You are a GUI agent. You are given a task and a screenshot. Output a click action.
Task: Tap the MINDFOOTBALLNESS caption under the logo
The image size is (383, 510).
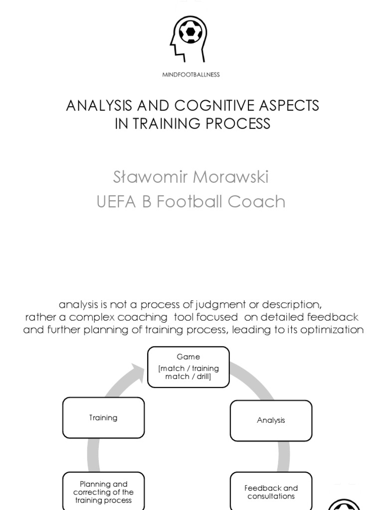tap(191, 75)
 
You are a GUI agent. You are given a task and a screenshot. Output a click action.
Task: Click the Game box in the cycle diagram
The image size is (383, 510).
tap(189, 367)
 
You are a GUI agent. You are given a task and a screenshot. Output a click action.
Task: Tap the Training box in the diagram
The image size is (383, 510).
tap(103, 418)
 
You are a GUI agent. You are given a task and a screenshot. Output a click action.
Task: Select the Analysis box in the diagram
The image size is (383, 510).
tap(271, 420)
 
